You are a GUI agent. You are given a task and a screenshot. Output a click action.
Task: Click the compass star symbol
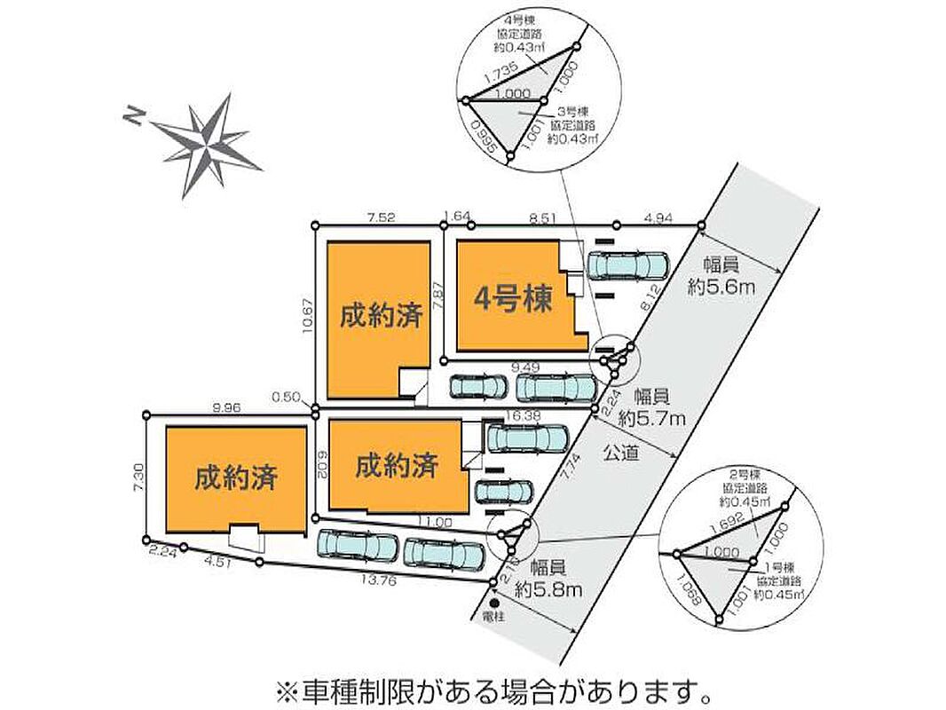(207, 143)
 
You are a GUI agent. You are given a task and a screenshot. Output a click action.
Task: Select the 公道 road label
(621, 451)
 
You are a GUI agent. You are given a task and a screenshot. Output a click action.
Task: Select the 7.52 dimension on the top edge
(374, 216)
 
